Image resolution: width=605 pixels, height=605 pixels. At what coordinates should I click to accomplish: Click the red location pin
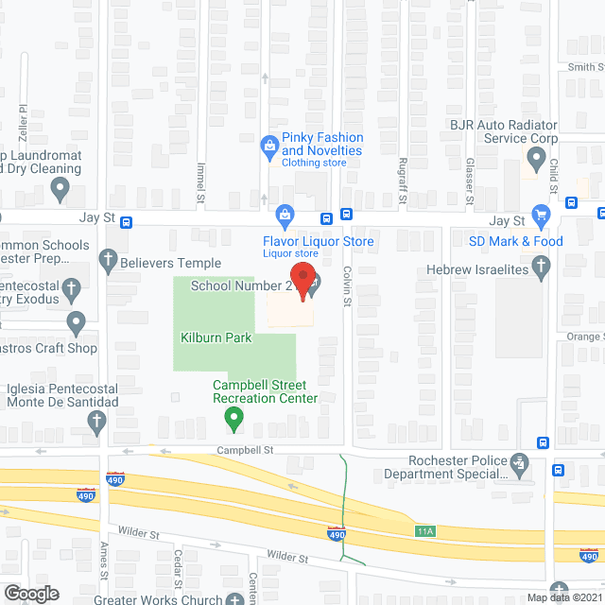click(x=303, y=280)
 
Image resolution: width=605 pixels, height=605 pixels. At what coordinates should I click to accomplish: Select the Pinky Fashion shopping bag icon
click(x=268, y=145)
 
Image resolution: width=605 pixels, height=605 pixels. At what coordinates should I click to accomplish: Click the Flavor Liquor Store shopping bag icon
click(x=284, y=212)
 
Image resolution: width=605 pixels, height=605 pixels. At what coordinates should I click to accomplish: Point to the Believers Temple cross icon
click(x=108, y=259)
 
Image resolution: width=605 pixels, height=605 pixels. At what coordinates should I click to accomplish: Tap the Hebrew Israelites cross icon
click(x=541, y=269)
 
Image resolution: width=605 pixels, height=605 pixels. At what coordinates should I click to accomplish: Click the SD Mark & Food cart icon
click(x=541, y=216)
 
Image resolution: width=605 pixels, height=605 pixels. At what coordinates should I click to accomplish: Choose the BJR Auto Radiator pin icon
click(x=536, y=159)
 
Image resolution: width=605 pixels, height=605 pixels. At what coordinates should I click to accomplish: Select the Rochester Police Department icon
click(x=518, y=463)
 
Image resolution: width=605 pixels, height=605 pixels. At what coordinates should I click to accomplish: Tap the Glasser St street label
click(x=469, y=180)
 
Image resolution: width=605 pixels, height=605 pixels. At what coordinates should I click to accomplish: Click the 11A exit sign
click(x=424, y=531)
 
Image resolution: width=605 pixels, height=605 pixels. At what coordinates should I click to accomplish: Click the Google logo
click(x=30, y=593)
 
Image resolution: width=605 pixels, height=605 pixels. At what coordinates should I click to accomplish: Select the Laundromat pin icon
click(x=61, y=191)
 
